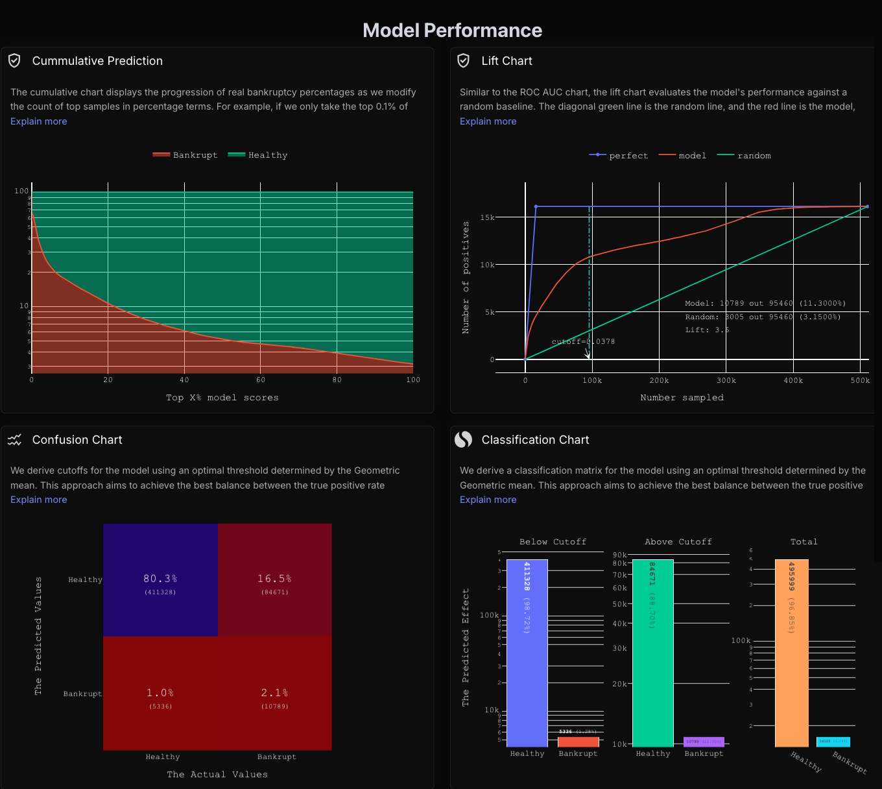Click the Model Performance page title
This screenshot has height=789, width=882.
(452, 30)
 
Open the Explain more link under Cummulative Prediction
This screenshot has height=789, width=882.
(39, 121)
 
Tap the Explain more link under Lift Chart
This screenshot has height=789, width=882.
(488, 121)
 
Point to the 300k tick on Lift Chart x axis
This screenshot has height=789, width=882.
(726, 381)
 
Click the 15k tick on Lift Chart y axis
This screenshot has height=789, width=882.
(487, 217)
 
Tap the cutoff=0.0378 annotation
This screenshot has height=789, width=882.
(583, 341)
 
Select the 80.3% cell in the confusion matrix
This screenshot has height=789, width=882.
(160, 580)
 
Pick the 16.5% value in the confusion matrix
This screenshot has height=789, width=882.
(274, 579)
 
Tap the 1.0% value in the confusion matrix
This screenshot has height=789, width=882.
(160, 693)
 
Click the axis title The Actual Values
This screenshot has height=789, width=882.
(217, 775)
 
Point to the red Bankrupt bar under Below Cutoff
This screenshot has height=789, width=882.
(578, 742)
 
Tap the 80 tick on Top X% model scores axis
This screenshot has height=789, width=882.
(337, 380)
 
